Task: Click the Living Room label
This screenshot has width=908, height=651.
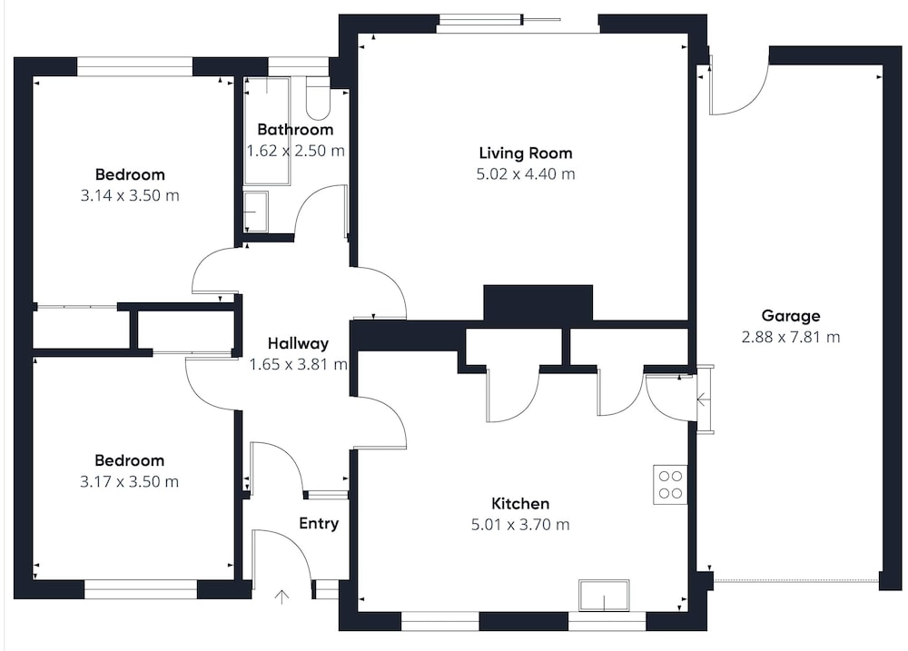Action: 525,153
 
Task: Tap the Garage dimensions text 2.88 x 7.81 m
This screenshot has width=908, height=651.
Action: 791,337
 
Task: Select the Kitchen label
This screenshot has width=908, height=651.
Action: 520,503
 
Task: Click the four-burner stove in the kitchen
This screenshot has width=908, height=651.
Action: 670,485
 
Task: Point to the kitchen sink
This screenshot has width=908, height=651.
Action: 604,595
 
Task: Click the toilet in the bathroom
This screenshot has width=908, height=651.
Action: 317,98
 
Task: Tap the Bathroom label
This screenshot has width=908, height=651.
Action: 295,129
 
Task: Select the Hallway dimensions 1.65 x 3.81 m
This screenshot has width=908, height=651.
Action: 298,364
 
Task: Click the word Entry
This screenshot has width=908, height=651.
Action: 319,524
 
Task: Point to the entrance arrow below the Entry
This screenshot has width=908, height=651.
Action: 281,597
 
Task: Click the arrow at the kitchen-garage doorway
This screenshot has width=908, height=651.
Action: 702,399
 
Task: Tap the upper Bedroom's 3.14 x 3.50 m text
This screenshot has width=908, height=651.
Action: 130,196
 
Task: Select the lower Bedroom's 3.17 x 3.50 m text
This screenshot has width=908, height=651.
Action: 129,482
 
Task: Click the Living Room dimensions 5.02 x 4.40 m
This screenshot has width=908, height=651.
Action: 525,174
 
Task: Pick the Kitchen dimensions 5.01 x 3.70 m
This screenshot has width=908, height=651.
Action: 520,525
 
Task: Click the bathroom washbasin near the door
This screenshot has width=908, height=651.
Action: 255,212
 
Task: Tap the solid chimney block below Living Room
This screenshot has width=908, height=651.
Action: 538,303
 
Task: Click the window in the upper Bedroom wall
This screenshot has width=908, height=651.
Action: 134,66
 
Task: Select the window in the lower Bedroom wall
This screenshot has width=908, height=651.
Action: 141,589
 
